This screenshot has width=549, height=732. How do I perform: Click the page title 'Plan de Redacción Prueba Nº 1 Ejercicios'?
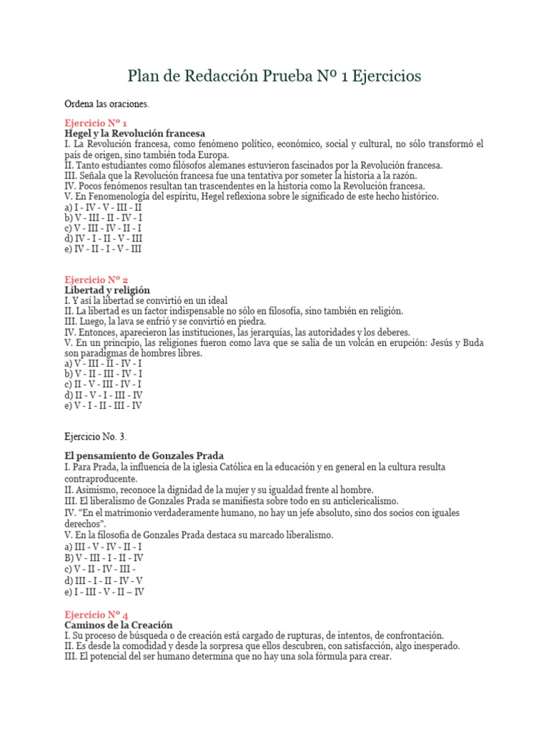[x=274, y=75]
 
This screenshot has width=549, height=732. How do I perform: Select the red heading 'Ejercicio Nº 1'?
[x=96, y=122]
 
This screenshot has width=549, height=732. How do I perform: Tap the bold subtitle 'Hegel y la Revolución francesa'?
[x=134, y=133]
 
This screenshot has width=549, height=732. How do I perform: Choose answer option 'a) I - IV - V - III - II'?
[x=103, y=207]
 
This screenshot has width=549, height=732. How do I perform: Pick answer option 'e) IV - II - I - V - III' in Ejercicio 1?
[x=103, y=249]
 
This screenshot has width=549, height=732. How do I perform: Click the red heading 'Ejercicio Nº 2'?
[x=97, y=280]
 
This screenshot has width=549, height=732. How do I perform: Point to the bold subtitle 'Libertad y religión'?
[x=107, y=290]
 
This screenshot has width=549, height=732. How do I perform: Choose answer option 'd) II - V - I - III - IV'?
[x=104, y=395]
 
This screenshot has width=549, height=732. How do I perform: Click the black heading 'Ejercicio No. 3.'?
[x=96, y=436]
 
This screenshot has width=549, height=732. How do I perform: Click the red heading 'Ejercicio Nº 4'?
[x=97, y=614]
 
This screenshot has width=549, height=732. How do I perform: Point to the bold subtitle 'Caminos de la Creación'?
[x=118, y=625]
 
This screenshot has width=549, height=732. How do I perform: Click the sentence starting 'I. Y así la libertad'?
[x=146, y=301]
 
